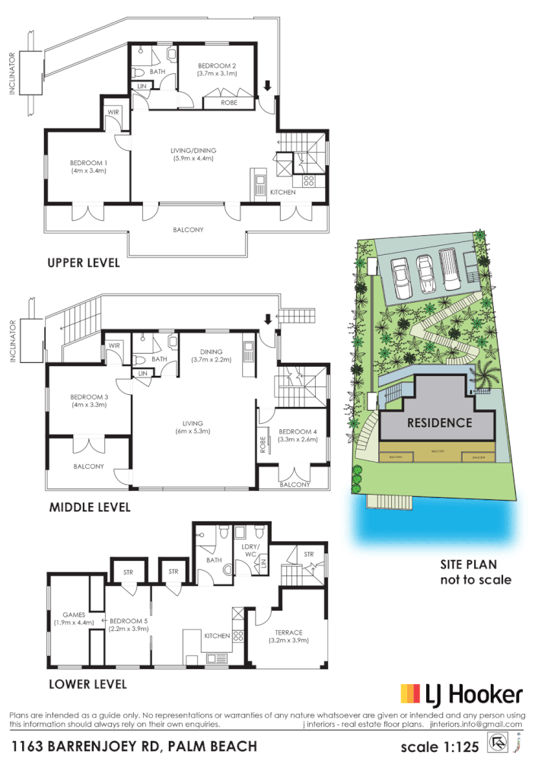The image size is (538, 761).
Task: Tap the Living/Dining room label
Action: coord(192,154)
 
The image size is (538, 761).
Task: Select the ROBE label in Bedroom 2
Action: coord(228,102)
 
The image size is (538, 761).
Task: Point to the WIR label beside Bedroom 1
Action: coord(113,112)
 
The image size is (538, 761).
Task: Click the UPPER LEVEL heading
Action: coord(84,263)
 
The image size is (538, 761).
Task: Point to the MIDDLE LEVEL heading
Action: coord(89,507)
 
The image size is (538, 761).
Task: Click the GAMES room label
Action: coord(74,618)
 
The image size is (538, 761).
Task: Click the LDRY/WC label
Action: coord(250,549)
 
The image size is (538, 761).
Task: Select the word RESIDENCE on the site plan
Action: coord(439,422)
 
